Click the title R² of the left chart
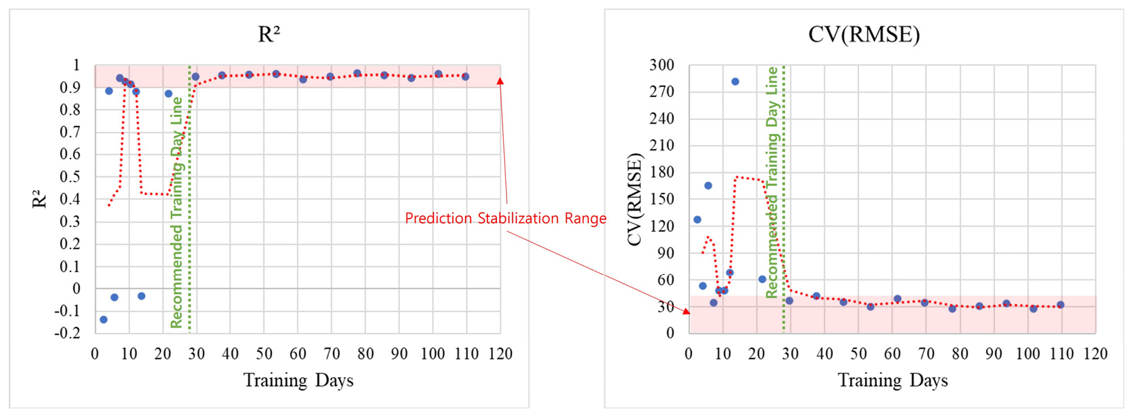pyautogui.click(x=269, y=34)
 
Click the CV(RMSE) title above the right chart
pyautogui.click(x=864, y=34)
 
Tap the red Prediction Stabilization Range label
pyautogui.click(x=505, y=219)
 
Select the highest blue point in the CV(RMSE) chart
pyautogui.click(x=735, y=81)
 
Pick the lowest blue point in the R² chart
pyautogui.click(x=103, y=319)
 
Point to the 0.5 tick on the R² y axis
pyautogui.click(x=70, y=176)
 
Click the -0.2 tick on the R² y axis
pyautogui.click(x=67, y=334)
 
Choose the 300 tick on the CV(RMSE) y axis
pyautogui.click(x=661, y=65)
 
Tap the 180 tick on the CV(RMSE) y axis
pyautogui.click(x=661, y=172)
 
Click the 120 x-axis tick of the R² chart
pyautogui.click(x=501, y=354)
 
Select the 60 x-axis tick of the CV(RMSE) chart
pyautogui.click(x=892, y=354)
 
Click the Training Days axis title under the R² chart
pyautogui.click(x=298, y=380)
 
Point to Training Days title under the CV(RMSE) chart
pyautogui.click(x=892, y=380)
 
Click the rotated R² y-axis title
pyautogui.click(x=40, y=199)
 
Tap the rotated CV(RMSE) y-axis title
pyautogui.click(x=635, y=199)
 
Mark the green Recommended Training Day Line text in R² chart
pyautogui.click(x=176, y=212)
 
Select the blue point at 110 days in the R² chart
pyautogui.click(x=466, y=77)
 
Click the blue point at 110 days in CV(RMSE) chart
pyautogui.click(x=1061, y=305)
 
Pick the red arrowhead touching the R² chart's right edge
pyautogui.click(x=501, y=81)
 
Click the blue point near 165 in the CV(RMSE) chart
pyautogui.click(x=708, y=185)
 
